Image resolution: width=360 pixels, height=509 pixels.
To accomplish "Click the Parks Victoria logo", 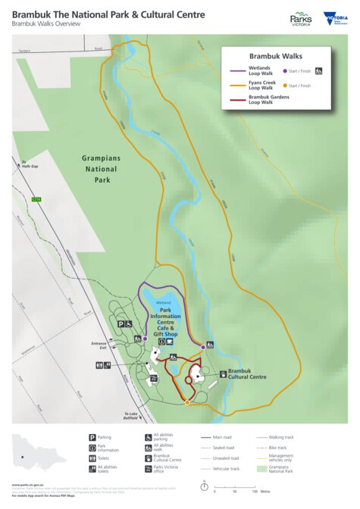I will click(x=301, y=19).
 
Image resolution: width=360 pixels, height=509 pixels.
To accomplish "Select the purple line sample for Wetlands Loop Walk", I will click(x=236, y=70).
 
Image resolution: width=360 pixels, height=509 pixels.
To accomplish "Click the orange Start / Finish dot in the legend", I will click(x=285, y=86).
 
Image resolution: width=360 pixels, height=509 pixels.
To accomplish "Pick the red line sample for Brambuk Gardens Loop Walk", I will click(x=236, y=100).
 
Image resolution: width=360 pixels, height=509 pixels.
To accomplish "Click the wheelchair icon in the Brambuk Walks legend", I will click(x=320, y=70).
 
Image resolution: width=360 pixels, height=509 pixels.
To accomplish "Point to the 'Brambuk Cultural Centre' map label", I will click(x=246, y=373).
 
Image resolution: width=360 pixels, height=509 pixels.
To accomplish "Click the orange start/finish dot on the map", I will click(x=187, y=402).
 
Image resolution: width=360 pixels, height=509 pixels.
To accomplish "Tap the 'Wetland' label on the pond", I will click(x=164, y=301).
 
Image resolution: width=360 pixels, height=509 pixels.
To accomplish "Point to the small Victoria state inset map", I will click(x=34, y=451).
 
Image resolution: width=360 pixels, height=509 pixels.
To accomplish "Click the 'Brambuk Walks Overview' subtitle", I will click(x=46, y=24).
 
